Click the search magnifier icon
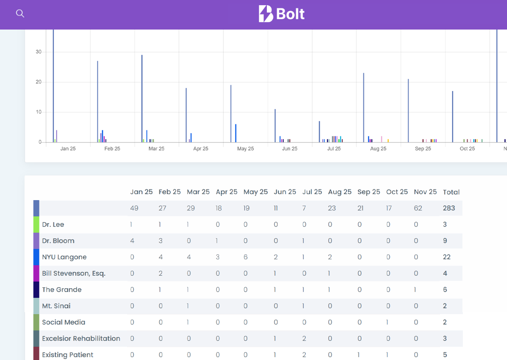click(20, 14)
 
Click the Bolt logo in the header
click(281, 14)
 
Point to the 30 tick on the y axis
click(38, 52)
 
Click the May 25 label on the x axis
click(245, 149)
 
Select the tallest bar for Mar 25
click(142, 98)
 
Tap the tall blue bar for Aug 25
click(363, 107)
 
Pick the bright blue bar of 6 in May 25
click(235, 133)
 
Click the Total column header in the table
click(451, 192)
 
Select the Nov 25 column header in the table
click(425, 192)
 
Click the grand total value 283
click(449, 208)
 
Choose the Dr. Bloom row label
click(58, 241)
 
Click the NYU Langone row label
click(64, 257)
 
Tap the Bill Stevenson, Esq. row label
click(74, 273)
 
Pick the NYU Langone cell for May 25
click(246, 257)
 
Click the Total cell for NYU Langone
click(446, 257)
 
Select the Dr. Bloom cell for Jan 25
click(132, 241)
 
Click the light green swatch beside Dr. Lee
click(36, 225)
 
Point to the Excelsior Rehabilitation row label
click(81, 338)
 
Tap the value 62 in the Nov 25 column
click(418, 208)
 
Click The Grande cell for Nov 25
click(415, 290)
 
